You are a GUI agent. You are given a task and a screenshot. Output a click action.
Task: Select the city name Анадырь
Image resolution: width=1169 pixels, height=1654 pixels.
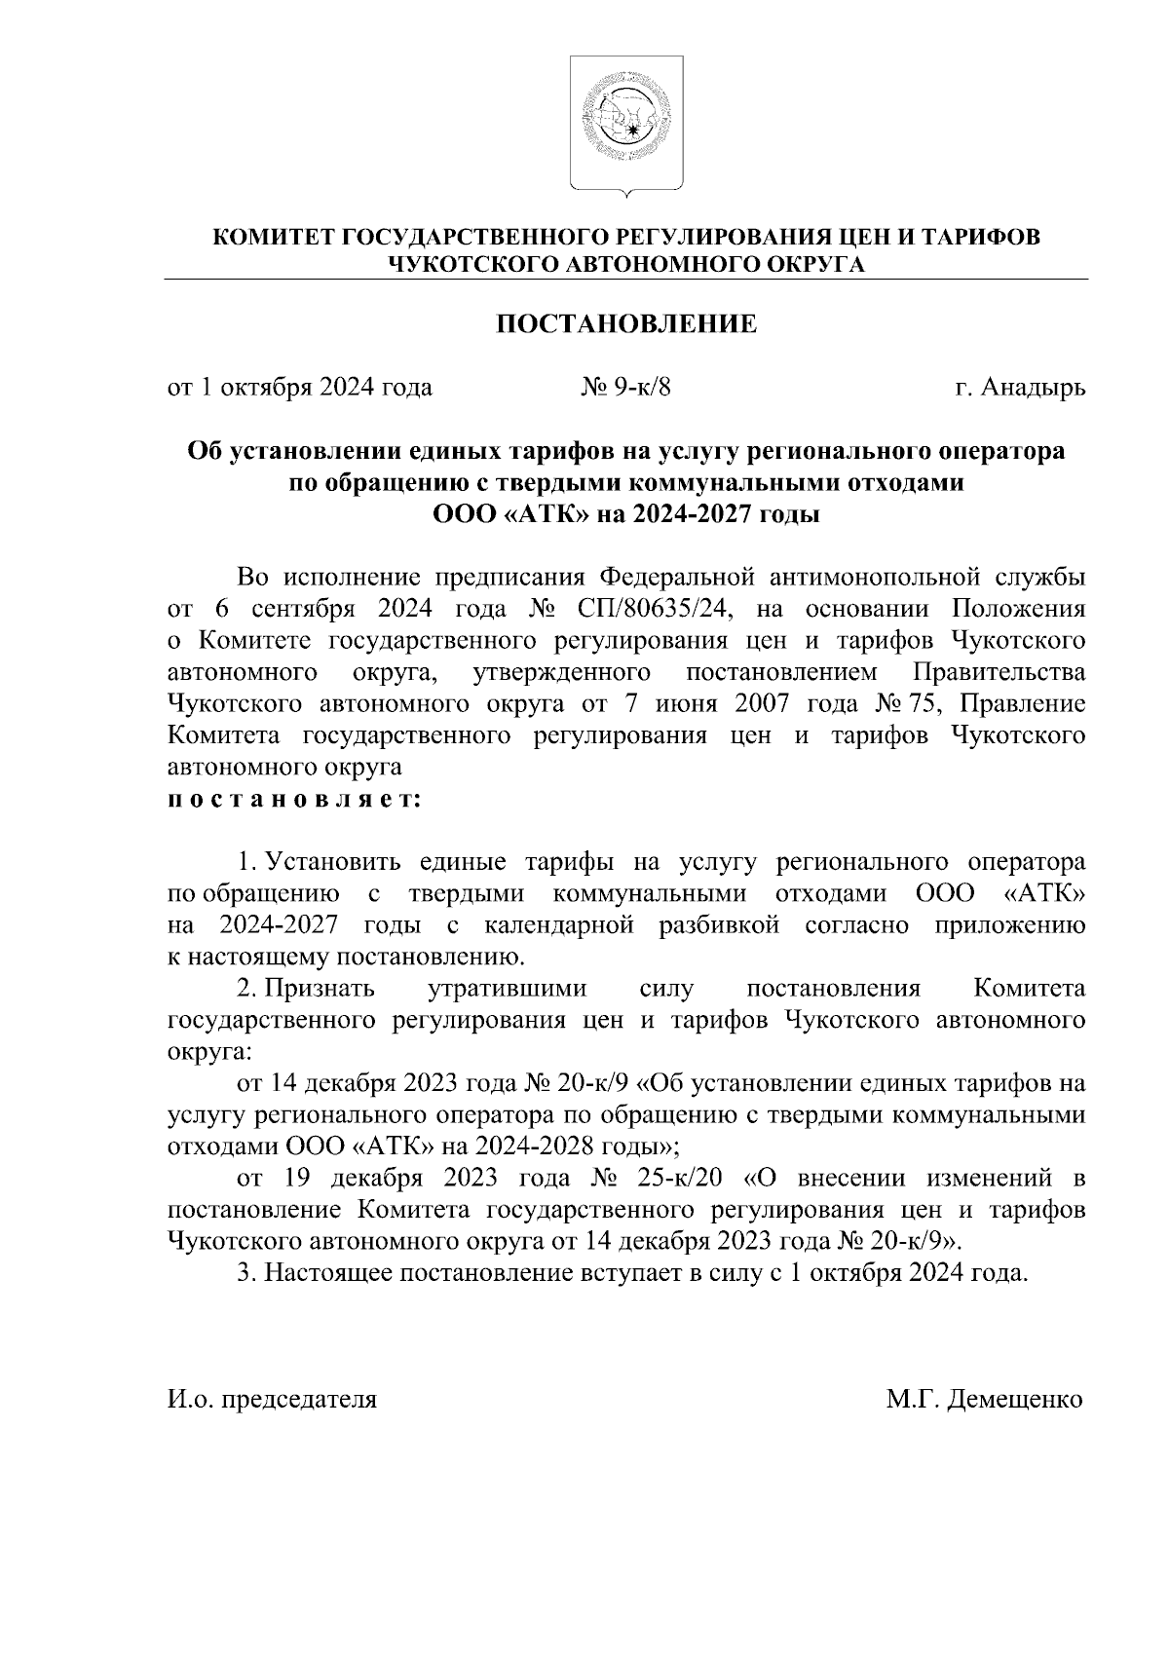(x=1033, y=388)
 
